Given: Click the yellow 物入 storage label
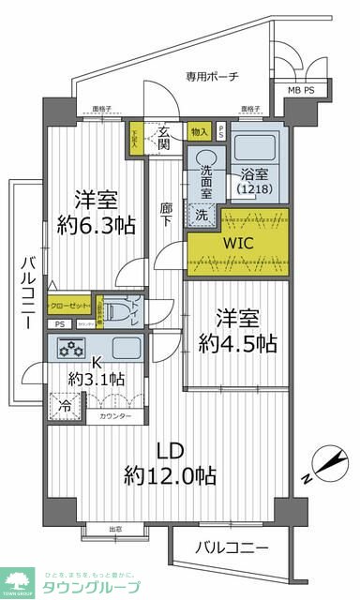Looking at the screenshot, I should [198, 132].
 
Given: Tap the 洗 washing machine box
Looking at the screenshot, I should [201, 215].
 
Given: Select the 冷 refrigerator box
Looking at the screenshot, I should [64, 408].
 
